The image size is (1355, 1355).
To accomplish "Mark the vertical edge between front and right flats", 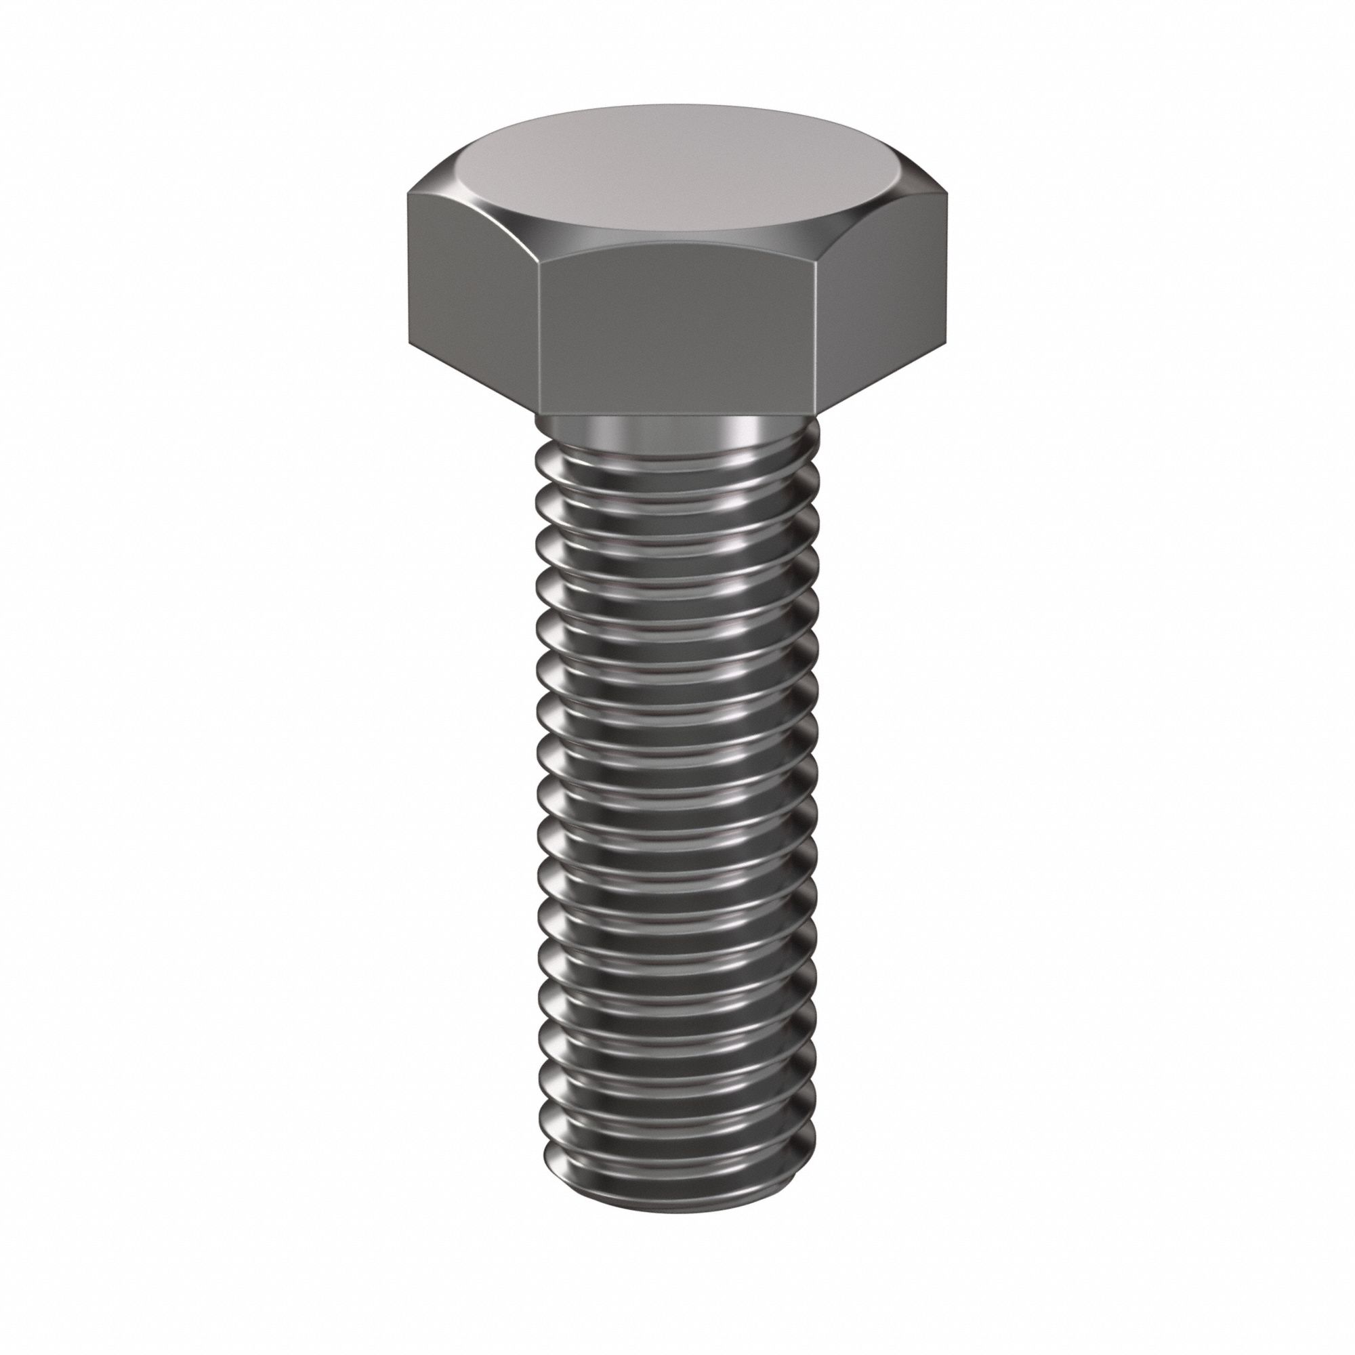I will tap(817, 337).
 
